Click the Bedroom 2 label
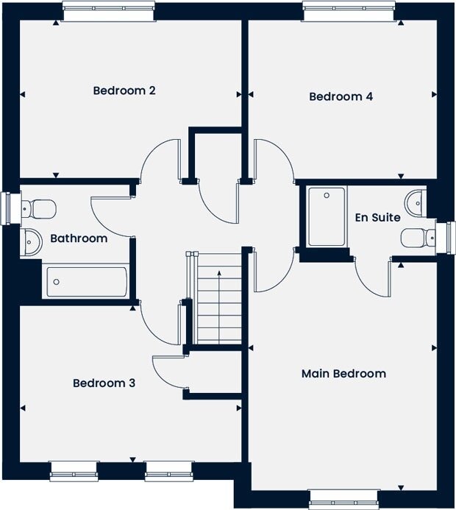124,91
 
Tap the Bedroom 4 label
341,96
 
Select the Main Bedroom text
344,373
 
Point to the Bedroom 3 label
104,383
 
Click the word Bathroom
79,238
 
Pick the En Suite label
377,217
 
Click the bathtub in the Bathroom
87,282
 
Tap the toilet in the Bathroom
38,209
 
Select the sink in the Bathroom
31,241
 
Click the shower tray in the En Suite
327,216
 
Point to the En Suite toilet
418,238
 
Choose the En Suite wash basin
415,204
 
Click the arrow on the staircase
219,307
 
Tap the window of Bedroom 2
108,11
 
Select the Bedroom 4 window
349,11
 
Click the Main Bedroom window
343,499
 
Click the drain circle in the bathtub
56,282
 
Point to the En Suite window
445,238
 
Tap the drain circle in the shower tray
327,196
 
